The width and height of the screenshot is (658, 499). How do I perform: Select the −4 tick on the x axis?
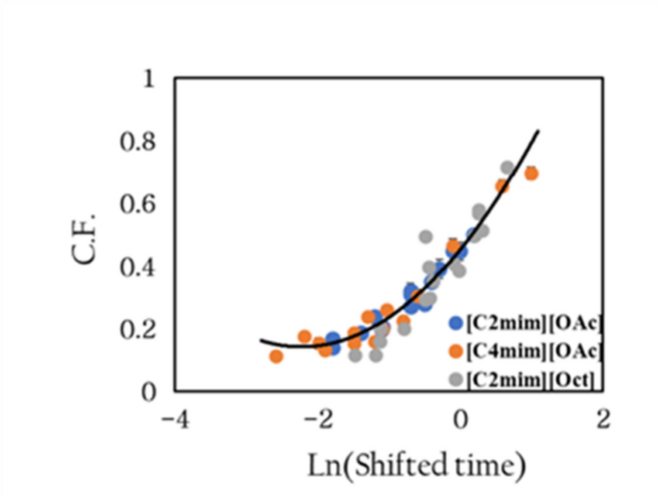coord(174,419)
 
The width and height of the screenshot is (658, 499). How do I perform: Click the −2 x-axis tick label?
coord(317,419)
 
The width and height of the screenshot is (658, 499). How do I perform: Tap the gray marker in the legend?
coord(456,380)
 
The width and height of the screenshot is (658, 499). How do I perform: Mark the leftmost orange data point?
coord(277,356)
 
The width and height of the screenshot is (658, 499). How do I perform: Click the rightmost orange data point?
coord(531,174)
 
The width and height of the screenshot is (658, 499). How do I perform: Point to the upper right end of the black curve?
coord(538,131)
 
